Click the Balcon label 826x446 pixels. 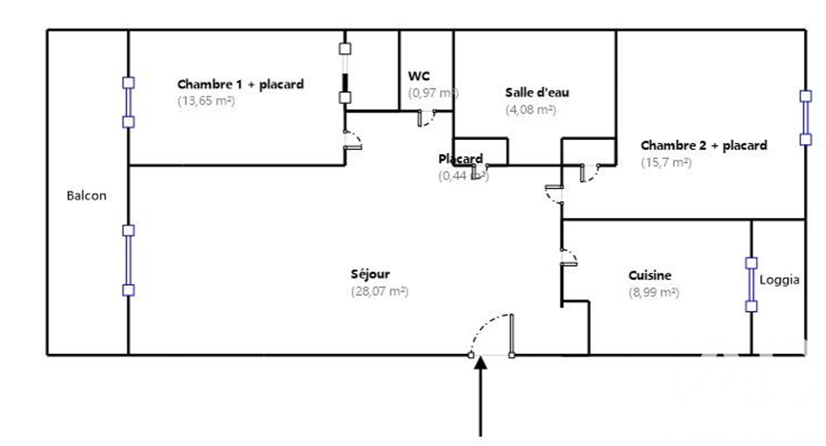click(86, 195)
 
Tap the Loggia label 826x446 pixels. click(779, 280)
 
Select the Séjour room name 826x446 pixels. click(370, 274)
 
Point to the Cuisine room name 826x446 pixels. click(650, 276)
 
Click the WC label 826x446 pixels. click(418, 76)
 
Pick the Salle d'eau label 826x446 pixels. click(537, 92)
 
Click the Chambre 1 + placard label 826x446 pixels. click(240, 84)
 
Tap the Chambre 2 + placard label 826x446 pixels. click(704, 145)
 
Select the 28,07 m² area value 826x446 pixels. click(380, 292)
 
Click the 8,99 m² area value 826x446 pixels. click(653, 293)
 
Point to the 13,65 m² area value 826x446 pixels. click(206, 102)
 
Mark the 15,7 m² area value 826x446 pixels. click(666, 162)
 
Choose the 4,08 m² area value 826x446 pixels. click(531, 110)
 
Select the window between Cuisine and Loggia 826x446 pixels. click(751, 284)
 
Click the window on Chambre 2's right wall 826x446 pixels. click(806, 118)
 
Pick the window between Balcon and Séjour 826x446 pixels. click(129, 260)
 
